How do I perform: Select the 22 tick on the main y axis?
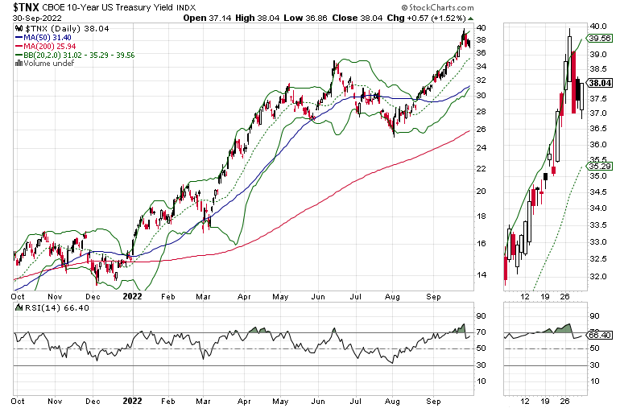coord(481,168)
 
